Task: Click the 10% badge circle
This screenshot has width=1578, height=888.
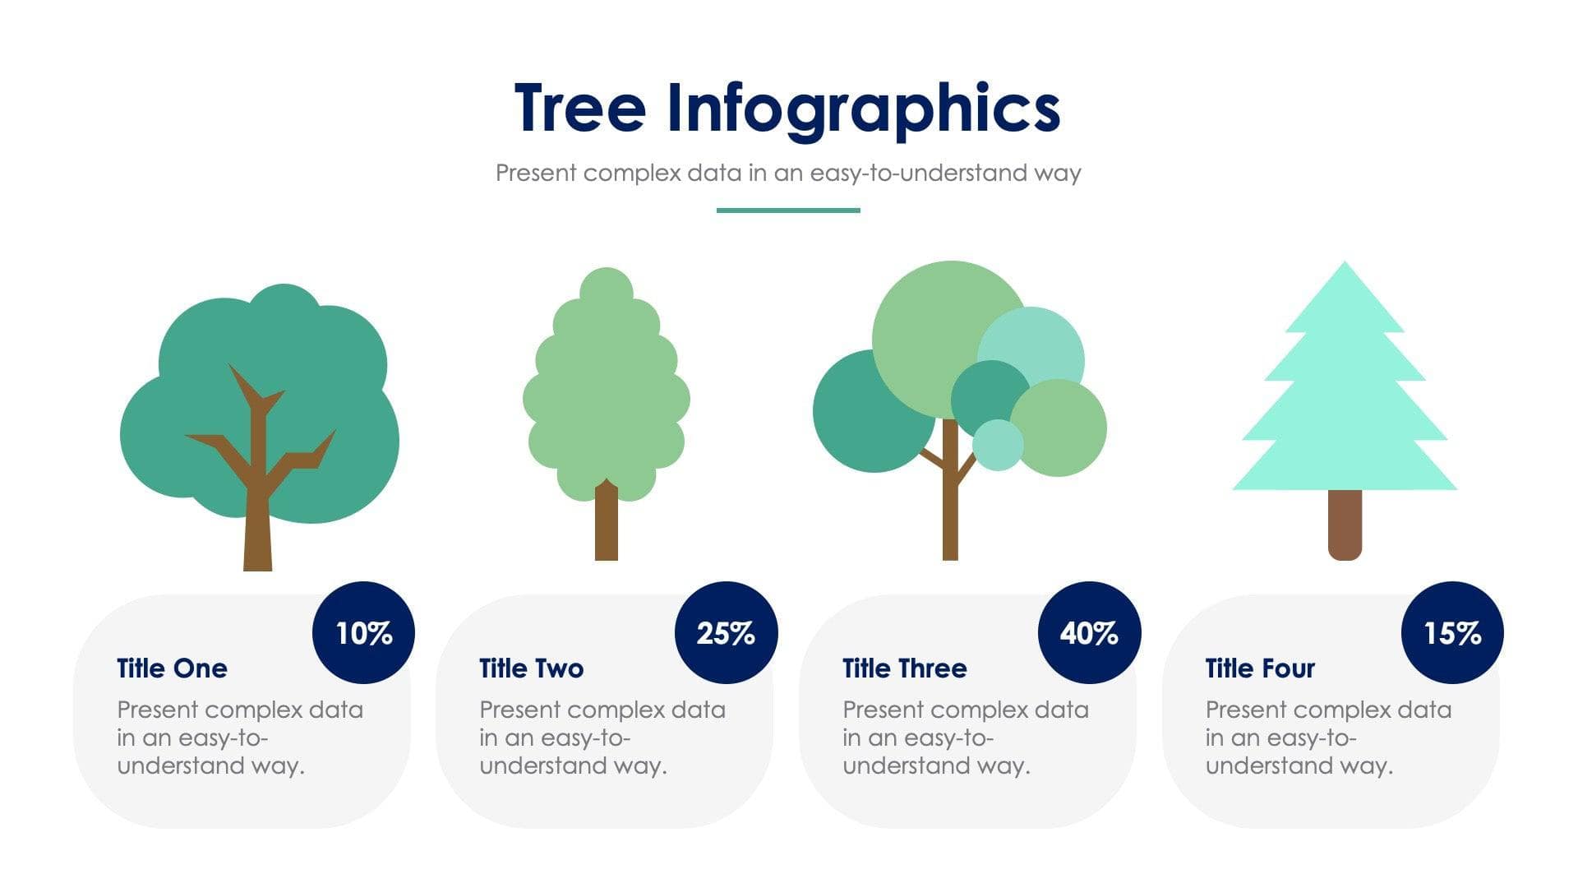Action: click(363, 632)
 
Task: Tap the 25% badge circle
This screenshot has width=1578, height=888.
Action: click(726, 632)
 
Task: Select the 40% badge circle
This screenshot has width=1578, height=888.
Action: click(1089, 632)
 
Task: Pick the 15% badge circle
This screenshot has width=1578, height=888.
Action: click(1452, 632)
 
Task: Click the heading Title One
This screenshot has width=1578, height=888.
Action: click(172, 668)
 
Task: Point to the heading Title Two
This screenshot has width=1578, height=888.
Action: click(531, 668)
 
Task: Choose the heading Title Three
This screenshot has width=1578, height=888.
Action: click(904, 668)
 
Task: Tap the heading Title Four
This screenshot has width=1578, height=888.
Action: click(1260, 668)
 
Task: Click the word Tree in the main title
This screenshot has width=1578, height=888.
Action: click(580, 109)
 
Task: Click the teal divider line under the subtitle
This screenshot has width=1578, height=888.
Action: click(788, 210)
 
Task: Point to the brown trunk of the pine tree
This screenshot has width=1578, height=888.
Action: click(1345, 525)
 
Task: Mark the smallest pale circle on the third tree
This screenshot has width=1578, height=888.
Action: click(998, 445)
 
